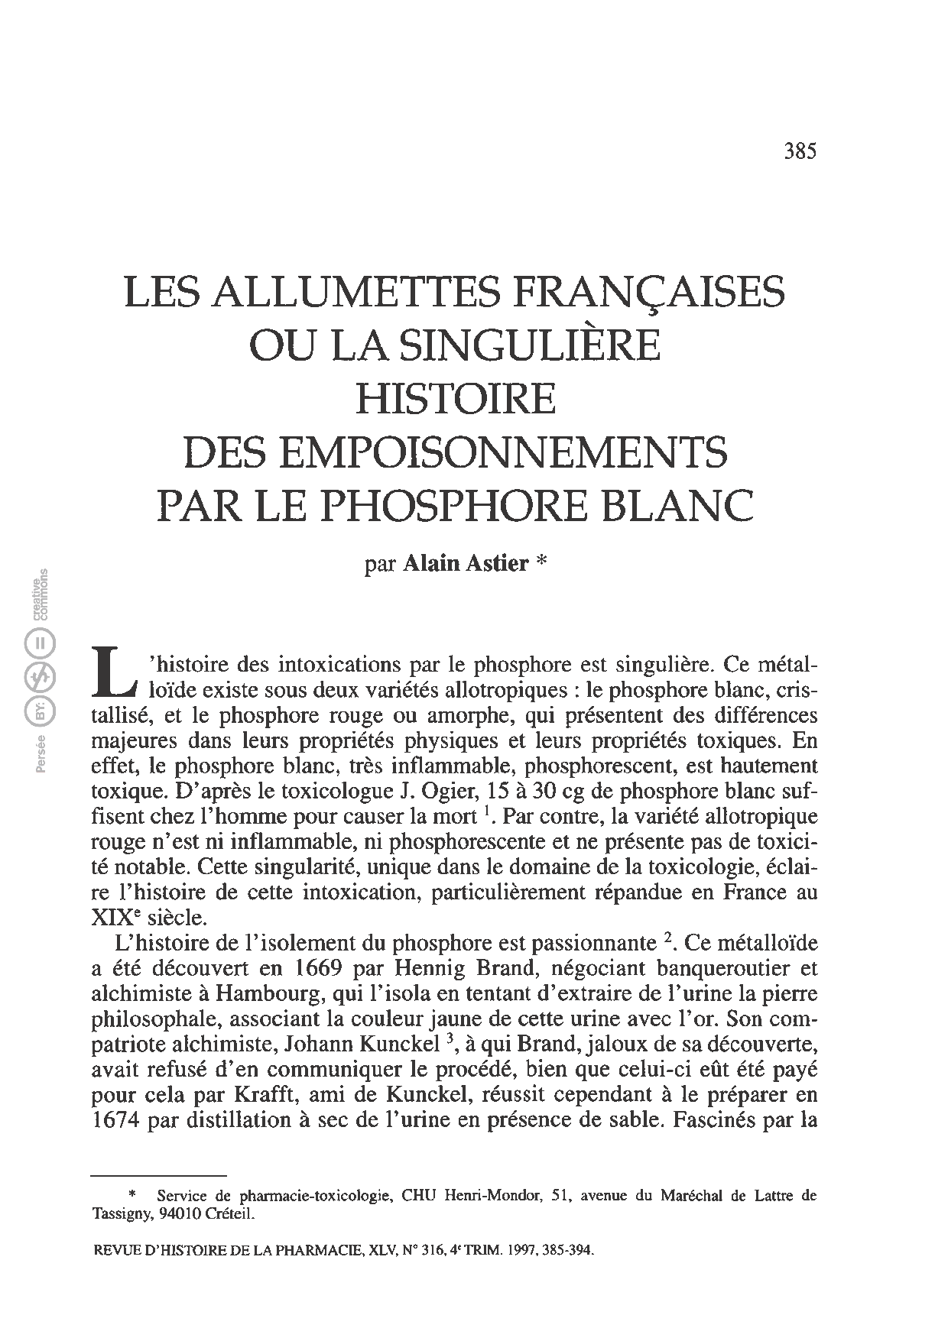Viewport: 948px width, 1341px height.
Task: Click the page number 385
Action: [800, 151]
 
